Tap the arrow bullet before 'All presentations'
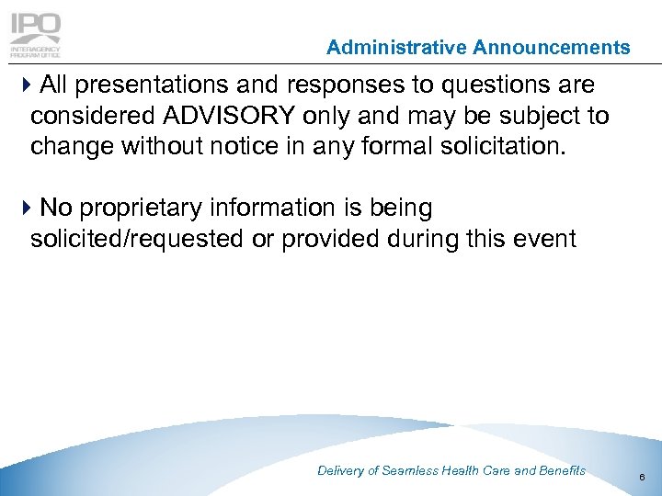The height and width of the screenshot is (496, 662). pyautogui.click(x=23, y=86)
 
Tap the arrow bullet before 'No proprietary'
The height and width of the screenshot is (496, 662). pyautogui.click(x=23, y=209)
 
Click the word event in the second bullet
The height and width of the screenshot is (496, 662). pyautogui.click(x=544, y=239)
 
